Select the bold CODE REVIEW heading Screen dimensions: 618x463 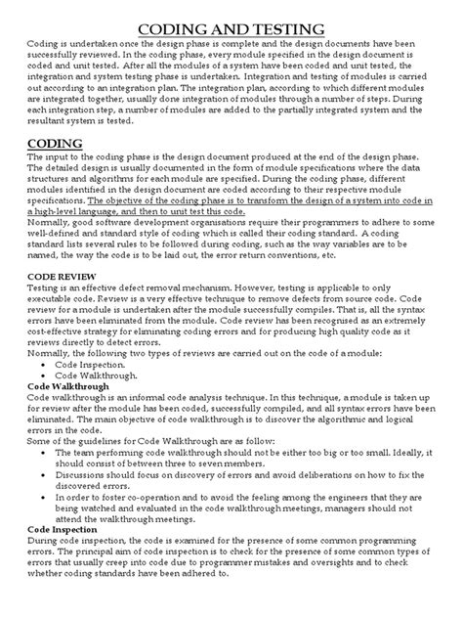pos(63,305)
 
